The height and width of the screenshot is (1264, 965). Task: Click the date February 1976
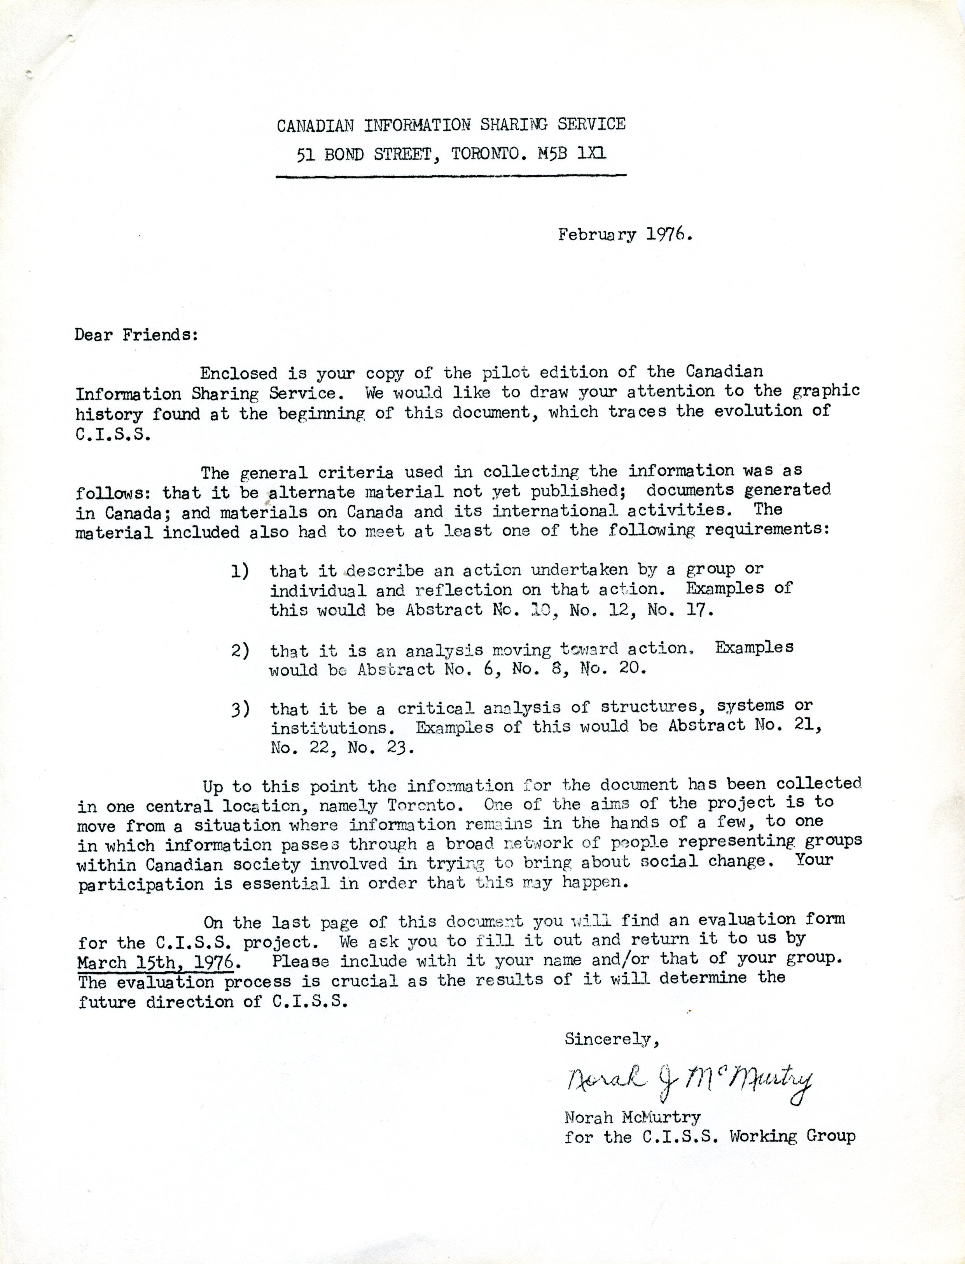coord(625,235)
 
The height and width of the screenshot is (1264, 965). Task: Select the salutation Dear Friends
coord(136,335)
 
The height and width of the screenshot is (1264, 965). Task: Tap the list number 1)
coord(240,571)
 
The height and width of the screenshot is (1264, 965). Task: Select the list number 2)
coord(240,651)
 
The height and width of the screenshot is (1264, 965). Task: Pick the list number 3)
coord(240,710)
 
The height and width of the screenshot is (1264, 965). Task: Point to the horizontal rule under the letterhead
coord(451,176)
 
